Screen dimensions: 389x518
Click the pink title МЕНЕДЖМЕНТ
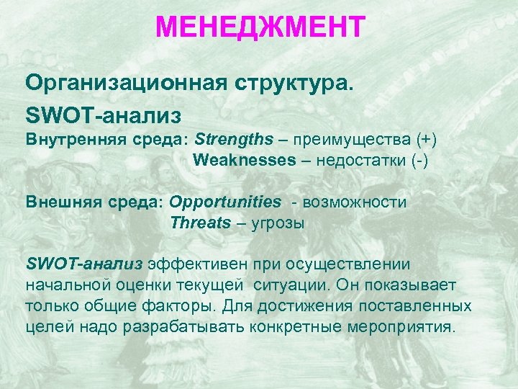click(260, 28)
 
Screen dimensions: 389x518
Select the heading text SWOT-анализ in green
click(103, 115)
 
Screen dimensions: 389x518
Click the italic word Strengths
click(234, 138)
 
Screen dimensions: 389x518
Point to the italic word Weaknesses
click(244, 160)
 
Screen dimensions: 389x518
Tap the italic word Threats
click(201, 223)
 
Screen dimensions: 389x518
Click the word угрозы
click(278, 223)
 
